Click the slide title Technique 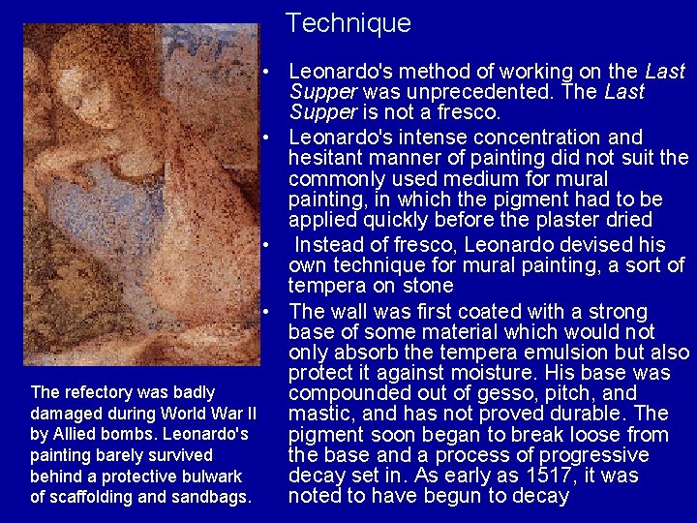(x=348, y=22)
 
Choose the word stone (x=423, y=286)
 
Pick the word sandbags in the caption (x=215, y=498)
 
